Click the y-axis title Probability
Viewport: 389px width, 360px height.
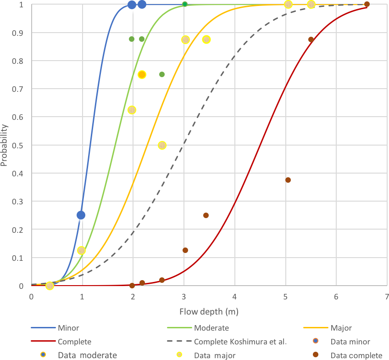[x=4, y=145]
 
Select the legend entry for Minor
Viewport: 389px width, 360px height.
[x=68, y=328]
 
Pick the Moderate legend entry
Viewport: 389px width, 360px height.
[x=211, y=328]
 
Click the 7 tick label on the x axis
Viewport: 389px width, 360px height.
[x=387, y=297]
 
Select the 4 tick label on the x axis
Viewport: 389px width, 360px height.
[x=235, y=297]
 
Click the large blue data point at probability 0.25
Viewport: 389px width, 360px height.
[x=81, y=215]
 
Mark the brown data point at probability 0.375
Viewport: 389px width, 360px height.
[x=288, y=180]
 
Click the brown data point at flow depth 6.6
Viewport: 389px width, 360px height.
[x=367, y=4]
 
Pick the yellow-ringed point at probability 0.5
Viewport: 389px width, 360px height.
[x=162, y=145]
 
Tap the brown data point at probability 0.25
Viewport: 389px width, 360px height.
[x=206, y=215]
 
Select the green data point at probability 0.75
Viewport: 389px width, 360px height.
[x=162, y=74]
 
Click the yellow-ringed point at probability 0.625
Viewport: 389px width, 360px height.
[x=132, y=110]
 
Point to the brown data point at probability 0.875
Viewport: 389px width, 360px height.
[x=311, y=39]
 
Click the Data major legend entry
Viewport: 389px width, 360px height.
[x=215, y=355]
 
